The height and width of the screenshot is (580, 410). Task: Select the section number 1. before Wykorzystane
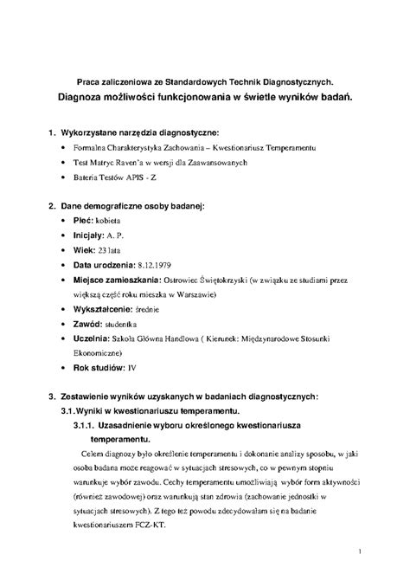point(53,133)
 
